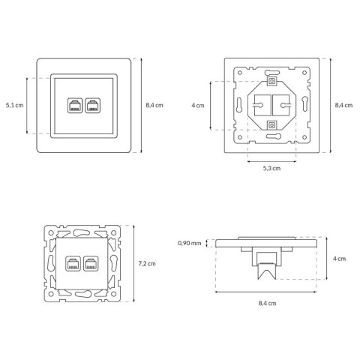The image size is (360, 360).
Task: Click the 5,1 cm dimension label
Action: coord(15,105)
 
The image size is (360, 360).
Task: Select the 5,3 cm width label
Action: coord(271,168)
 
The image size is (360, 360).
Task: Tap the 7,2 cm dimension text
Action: coord(147,263)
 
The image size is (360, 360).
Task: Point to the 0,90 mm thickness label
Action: coord(189,243)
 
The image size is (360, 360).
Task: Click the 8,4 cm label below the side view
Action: coord(267,303)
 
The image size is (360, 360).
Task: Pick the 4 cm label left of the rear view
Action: coord(198,106)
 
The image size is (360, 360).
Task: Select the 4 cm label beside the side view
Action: coord(339,259)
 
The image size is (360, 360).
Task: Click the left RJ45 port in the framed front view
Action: coord(75,106)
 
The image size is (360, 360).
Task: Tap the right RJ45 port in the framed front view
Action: coord(93,106)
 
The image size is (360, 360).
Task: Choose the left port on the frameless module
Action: coord(73,263)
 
